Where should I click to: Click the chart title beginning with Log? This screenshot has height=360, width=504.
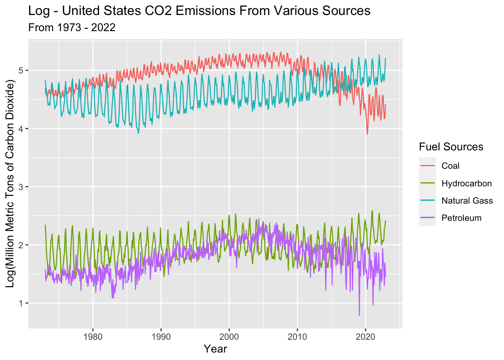click(x=199, y=11)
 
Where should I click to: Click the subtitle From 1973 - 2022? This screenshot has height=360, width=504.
click(x=72, y=27)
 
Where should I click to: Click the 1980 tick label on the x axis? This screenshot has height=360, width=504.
click(x=93, y=336)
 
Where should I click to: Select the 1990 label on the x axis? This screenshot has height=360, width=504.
click(x=161, y=336)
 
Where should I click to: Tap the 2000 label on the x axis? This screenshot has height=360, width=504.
click(x=229, y=336)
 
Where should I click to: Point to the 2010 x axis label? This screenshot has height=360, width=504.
click(x=297, y=336)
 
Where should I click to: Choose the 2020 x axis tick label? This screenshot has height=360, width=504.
click(x=365, y=336)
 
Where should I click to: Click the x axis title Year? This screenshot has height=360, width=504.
click(x=215, y=349)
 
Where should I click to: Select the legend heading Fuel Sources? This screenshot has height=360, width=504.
click(x=451, y=147)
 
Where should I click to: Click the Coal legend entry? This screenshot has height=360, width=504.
click(x=450, y=166)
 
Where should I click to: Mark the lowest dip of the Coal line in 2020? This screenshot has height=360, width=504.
click(x=367, y=134)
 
